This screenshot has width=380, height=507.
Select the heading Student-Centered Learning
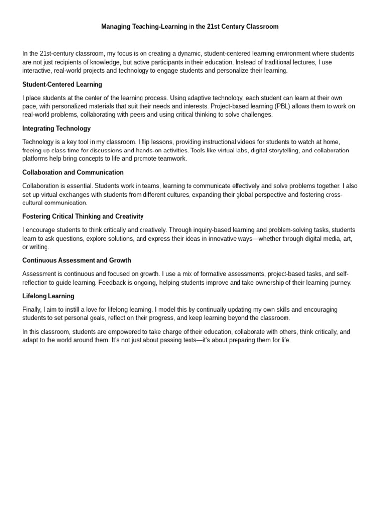pyautogui.click(x=62, y=85)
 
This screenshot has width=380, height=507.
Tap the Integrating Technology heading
pyautogui.click(x=56, y=129)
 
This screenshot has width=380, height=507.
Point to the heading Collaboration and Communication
pyautogui.click(x=73, y=173)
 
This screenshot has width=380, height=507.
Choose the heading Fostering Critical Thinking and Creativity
pyautogui.click(x=83, y=217)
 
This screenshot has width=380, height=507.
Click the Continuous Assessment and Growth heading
pyautogui.click(x=77, y=261)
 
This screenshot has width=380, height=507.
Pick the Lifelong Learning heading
pyautogui.click(x=48, y=296)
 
